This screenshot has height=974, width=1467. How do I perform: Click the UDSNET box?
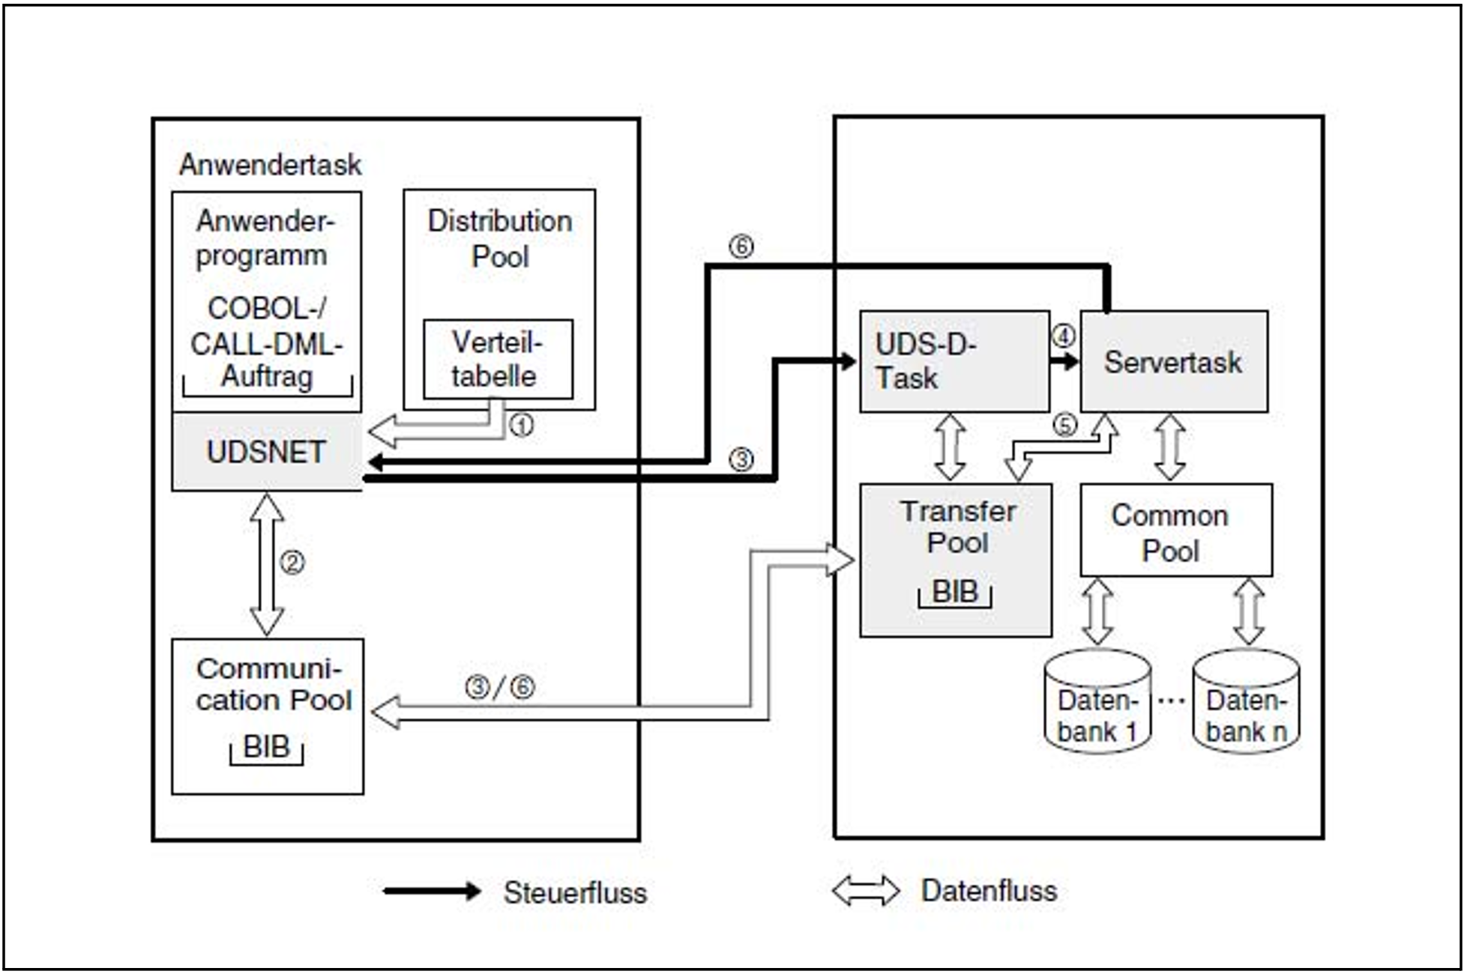click(267, 452)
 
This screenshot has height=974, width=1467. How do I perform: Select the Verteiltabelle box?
click(498, 360)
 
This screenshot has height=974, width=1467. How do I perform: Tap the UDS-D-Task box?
click(954, 361)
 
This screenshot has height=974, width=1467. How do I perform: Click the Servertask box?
click(1173, 362)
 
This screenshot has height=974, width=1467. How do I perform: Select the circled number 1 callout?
click(522, 426)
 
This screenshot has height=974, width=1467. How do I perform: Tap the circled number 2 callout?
click(292, 562)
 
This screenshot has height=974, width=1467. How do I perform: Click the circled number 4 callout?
click(1063, 335)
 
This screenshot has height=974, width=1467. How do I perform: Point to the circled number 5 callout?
click(1064, 425)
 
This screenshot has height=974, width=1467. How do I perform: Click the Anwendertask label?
click(270, 165)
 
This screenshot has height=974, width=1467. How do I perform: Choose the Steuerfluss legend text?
click(575, 892)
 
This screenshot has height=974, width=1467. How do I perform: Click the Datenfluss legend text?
click(989, 891)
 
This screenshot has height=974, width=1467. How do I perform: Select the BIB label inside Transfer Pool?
click(955, 592)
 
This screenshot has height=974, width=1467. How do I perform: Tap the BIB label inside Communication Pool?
click(267, 747)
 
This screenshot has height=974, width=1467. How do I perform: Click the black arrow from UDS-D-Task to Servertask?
click(1064, 362)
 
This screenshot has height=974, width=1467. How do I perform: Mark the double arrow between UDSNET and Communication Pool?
click(267, 563)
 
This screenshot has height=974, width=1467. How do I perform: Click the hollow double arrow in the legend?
click(866, 891)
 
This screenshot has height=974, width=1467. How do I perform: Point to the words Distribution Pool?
click(500, 239)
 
